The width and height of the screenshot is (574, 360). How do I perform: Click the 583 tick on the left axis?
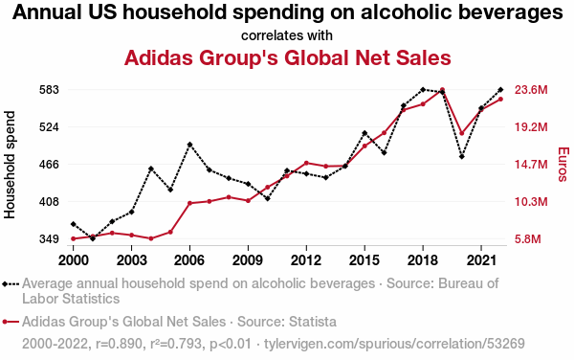click(49, 90)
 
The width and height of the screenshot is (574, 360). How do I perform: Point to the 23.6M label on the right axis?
click(531, 90)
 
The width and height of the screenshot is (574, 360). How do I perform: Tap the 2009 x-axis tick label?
click(248, 260)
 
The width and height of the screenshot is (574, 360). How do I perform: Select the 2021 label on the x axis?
click(481, 260)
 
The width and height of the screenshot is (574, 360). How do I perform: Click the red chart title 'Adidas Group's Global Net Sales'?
click(287, 57)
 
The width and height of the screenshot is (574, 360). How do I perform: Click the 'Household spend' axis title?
click(10, 165)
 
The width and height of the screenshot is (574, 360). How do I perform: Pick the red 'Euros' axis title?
click(563, 164)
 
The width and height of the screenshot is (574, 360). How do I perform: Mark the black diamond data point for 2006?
click(189, 145)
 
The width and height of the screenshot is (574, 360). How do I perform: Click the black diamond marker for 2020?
click(462, 156)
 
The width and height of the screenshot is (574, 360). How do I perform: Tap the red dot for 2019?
click(442, 90)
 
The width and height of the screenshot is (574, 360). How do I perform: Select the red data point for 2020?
click(462, 133)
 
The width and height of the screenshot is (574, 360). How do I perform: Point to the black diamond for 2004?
click(151, 169)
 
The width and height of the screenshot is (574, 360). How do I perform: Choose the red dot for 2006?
click(189, 203)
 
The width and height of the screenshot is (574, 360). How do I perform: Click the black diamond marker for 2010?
click(268, 198)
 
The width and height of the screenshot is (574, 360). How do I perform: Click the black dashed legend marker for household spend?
click(11, 283)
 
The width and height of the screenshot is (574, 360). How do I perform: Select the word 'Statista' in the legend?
click(312, 322)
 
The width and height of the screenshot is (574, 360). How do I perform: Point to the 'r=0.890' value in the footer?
click(119, 344)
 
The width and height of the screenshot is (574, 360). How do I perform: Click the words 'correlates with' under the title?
click(287, 35)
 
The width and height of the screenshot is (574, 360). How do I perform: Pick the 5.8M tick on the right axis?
click(527, 239)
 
